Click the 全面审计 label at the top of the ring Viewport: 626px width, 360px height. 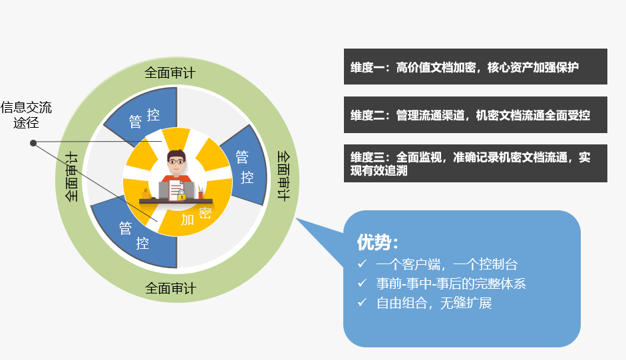click(x=170, y=73)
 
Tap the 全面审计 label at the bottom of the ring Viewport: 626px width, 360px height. click(x=170, y=288)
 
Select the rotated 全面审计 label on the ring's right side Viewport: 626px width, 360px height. click(x=283, y=176)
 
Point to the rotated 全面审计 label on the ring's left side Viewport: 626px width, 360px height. click(x=71, y=176)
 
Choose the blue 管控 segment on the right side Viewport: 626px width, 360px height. click(x=245, y=166)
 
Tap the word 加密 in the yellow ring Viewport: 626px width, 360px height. click(x=196, y=216)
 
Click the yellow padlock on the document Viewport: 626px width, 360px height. click(x=181, y=196)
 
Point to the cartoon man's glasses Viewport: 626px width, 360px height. click(x=176, y=162)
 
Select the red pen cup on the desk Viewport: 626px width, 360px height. click(x=200, y=194)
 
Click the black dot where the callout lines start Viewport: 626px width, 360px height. click(x=33, y=143)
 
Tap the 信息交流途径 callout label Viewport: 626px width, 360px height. click(x=27, y=114)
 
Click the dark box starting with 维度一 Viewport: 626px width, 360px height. click(x=476, y=67)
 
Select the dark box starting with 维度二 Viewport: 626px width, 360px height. click(x=476, y=114)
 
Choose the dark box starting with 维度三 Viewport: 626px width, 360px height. click(x=476, y=164)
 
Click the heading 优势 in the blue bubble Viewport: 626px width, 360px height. click(x=377, y=242)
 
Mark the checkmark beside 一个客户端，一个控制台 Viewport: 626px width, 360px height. click(x=362, y=264)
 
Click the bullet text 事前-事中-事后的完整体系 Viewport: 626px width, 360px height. click(x=451, y=283)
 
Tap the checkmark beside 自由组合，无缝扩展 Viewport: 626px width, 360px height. click(x=362, y=303)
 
